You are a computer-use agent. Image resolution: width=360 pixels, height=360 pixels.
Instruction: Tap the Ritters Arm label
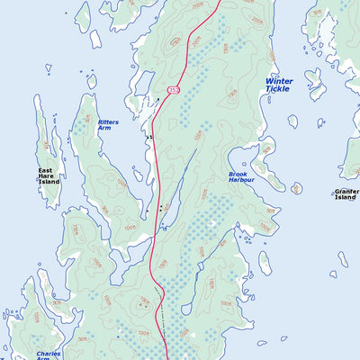[x=108, y=125]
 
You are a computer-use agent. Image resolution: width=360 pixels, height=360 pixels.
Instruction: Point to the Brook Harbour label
[x=241, y=176]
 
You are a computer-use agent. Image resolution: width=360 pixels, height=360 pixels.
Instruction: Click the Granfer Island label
[x=346, y=194]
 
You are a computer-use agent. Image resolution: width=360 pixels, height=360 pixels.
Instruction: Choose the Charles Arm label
[x=49, y=356]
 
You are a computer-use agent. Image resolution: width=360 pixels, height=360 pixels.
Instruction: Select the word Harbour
[x=241, y=180]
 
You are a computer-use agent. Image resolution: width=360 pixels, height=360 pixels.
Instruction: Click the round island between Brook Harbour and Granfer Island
[x=296, y=188]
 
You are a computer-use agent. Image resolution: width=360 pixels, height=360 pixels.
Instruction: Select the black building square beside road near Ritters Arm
[x=150, y=137]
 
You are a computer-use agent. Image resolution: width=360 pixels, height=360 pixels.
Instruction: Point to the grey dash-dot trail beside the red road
[x=163, y=310]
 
